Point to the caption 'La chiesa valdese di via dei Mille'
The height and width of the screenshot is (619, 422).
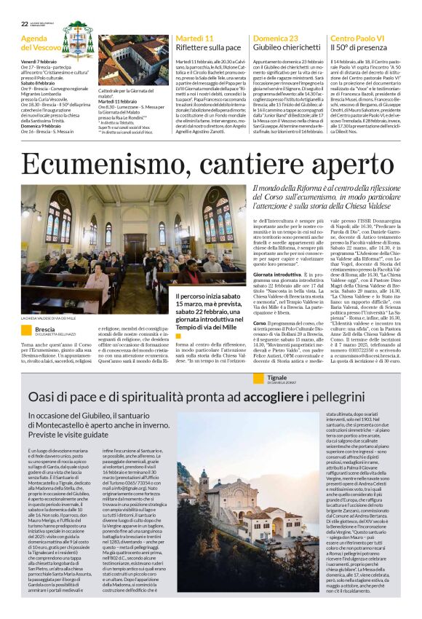[x=48, y=318]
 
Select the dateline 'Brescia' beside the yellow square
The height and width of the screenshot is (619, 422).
[x=45, y=329]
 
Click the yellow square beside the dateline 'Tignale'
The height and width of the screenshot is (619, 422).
[x=260, y=358]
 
